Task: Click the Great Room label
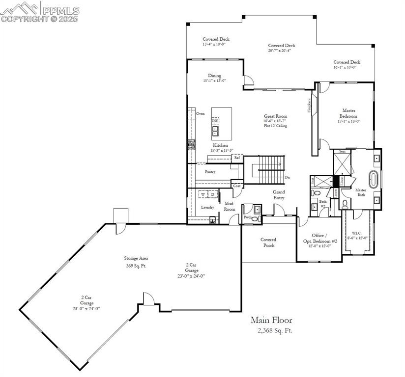click(275, 116)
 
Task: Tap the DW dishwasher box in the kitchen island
click(215, 121)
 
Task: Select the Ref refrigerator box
click(237, 158)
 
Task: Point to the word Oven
click(200, 113)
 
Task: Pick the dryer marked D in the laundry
click(212, 195)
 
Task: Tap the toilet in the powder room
click(255, 219)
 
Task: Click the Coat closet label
click(237, 186)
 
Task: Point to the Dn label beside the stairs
click(287, 177)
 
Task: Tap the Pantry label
click(210, 172)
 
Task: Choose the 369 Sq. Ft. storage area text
click(136, 266)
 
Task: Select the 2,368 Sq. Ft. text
click(275, 330)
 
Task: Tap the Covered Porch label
click(268, 242)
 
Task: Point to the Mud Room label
click(230, 206)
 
